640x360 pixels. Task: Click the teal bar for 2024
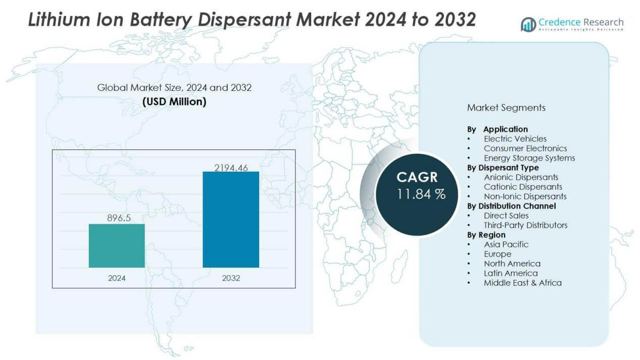tap(117, 245)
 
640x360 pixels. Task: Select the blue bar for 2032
tap(231, 219)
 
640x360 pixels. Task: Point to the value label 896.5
tap(117, 218)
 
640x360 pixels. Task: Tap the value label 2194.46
tap(231, 168)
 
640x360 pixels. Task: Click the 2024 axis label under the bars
tap(117, 278)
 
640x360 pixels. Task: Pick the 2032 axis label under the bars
tap(231, 278)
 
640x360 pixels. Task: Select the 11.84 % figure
tap(421, 194)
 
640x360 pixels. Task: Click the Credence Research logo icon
tap(528, 24)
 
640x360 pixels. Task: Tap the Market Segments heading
tap(506, 108)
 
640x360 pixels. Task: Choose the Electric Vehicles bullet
tap(515, 139)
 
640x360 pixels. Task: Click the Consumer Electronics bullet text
tap(525, 148)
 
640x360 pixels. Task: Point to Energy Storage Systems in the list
tap(529, 158)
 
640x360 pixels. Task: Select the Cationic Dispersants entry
tap(523, 187)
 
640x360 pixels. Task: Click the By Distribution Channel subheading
tap(511, 206)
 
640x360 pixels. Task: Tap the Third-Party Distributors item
tap(525, 225)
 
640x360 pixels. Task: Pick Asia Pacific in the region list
tap(506, 244)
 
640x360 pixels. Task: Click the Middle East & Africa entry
tap(522, 283)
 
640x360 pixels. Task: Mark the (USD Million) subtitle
tap(174, 101)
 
